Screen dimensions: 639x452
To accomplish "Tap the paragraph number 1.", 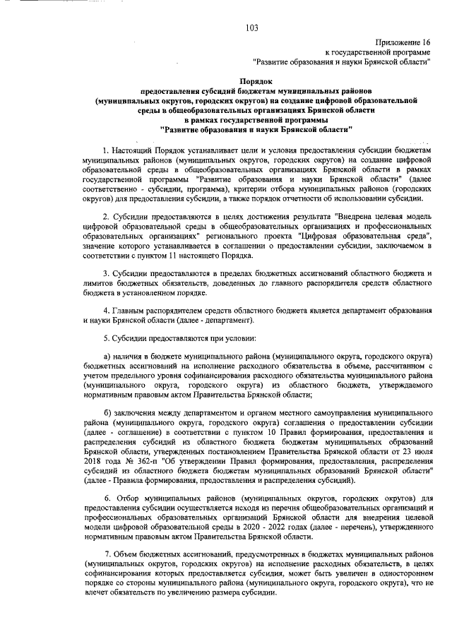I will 105,151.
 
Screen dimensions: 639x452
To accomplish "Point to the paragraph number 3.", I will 105,272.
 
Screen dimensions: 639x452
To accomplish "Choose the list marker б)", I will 107,412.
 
